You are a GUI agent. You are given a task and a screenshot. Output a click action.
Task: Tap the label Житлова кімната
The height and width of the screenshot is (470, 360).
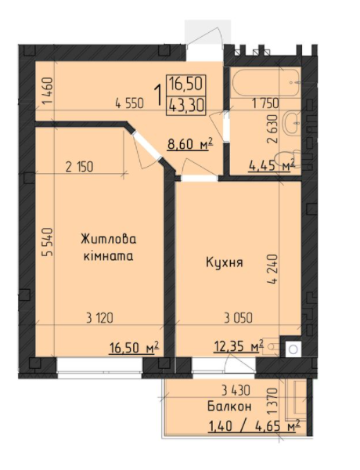tap(108, 247)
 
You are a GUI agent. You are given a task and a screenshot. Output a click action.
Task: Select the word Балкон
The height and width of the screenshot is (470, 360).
tap(229, 407)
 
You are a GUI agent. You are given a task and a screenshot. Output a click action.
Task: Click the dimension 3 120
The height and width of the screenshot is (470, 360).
tap(101, 317)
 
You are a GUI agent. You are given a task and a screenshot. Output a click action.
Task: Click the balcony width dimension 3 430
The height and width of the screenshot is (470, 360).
tap(236, 390)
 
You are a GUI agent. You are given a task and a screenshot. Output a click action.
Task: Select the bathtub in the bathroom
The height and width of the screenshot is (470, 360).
tap(262, 81)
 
